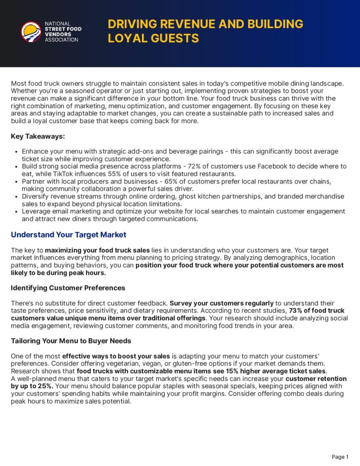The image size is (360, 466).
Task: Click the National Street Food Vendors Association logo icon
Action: (x=31, y=32)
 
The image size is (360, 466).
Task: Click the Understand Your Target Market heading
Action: (x=68, y=235)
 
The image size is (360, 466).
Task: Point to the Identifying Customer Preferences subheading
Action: (x=68, y=288)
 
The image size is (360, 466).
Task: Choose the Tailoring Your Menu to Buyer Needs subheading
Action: (x=71, y=341)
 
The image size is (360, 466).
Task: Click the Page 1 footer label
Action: (x=340, y=457)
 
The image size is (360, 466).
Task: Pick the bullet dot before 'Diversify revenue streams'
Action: (x=17, y=197)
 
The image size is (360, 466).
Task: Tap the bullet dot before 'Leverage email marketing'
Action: (x=17, y=212)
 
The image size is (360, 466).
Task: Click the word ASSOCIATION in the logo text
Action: (x=61, y=40)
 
